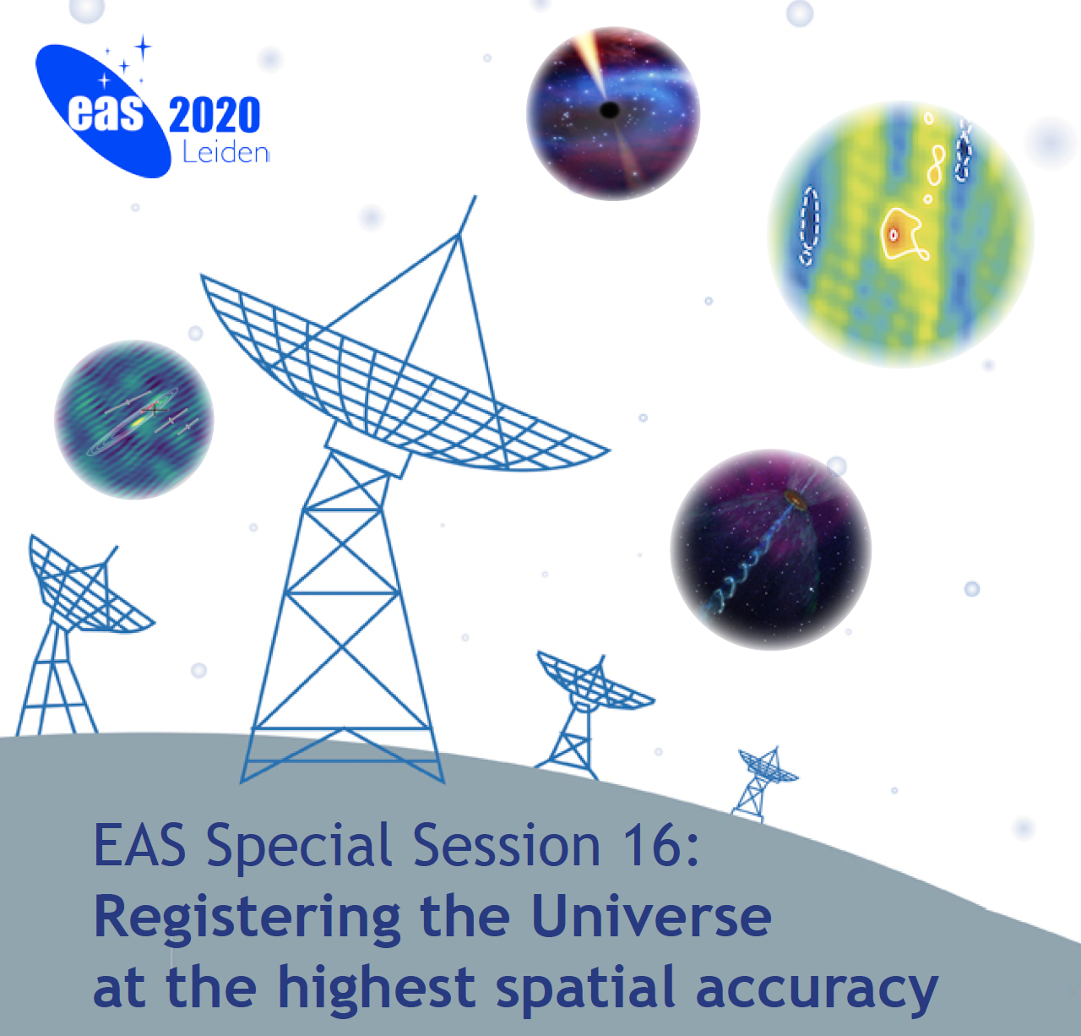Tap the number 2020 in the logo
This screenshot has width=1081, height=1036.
click(215, 115)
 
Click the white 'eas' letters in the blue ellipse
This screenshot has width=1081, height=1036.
click(106, 114)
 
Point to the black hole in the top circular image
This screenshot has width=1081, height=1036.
click(610, 110)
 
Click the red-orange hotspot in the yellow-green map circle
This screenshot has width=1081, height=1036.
click(894, 235)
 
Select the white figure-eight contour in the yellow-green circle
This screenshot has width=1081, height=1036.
click(936, 165)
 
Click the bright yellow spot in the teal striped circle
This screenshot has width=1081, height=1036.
click(137, 423)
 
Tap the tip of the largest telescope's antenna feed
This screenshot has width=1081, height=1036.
click(475, 196)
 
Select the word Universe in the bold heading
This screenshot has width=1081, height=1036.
click(651, 916)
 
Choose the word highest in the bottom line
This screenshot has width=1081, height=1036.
click(377, 987)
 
